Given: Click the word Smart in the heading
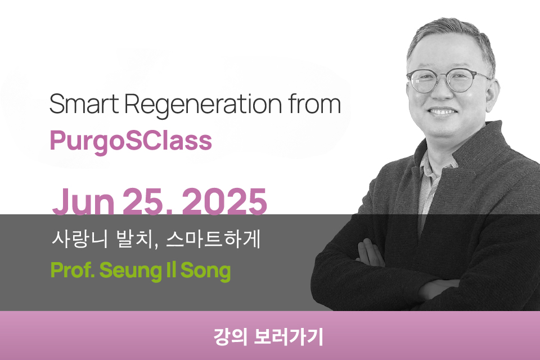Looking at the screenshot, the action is click(84, 103).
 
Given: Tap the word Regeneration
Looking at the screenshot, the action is click(203, 105).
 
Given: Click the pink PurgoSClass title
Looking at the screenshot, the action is click(131, 141).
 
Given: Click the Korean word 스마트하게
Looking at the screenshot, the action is click(213, 238).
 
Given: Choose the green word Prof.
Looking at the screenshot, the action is click(73, 271).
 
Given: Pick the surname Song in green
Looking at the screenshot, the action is click(206, 272).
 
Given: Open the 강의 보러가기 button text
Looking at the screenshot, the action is click(269, 336).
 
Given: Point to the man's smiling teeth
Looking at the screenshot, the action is click(443, 111).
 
